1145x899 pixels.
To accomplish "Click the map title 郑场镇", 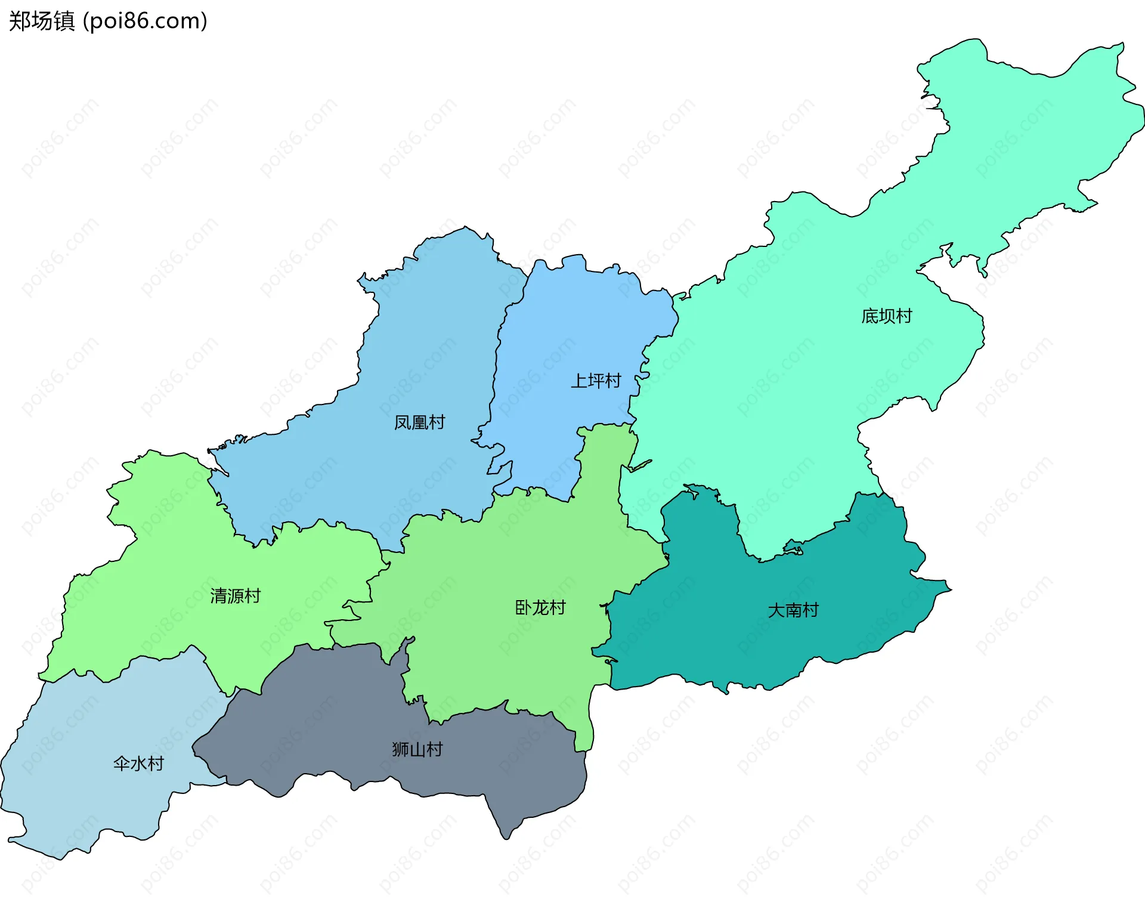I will click(42, 21).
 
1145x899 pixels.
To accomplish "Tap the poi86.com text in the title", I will click(145, 21).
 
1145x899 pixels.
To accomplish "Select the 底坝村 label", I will click(887, 316).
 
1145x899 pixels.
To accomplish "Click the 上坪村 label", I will click(596, 381).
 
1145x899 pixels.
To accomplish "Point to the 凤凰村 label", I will click(419, 422).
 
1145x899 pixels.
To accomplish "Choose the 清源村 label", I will click(236, 595).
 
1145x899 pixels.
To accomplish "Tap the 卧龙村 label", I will click(540, 607).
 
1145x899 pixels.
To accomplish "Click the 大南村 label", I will click(793, 610).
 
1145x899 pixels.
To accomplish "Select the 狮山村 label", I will click(417, 749).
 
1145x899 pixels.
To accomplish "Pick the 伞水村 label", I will click(138, 763).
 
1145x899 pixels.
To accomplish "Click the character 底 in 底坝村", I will click(870, 316).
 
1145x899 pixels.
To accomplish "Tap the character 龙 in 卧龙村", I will click(540, 607).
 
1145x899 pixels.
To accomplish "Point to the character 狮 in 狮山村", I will click(400, 749).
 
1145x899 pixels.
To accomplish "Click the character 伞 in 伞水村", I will click(122, 763).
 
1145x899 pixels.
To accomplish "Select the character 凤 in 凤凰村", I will click(403, 422).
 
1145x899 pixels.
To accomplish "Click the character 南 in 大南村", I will click(793, 610).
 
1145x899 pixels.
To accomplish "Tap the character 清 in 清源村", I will click(218, 595).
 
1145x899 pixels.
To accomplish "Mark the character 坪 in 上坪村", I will click(596, 381).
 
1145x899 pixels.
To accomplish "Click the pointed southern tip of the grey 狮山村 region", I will click(506, 838).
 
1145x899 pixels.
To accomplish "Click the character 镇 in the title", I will click(64, 21).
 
